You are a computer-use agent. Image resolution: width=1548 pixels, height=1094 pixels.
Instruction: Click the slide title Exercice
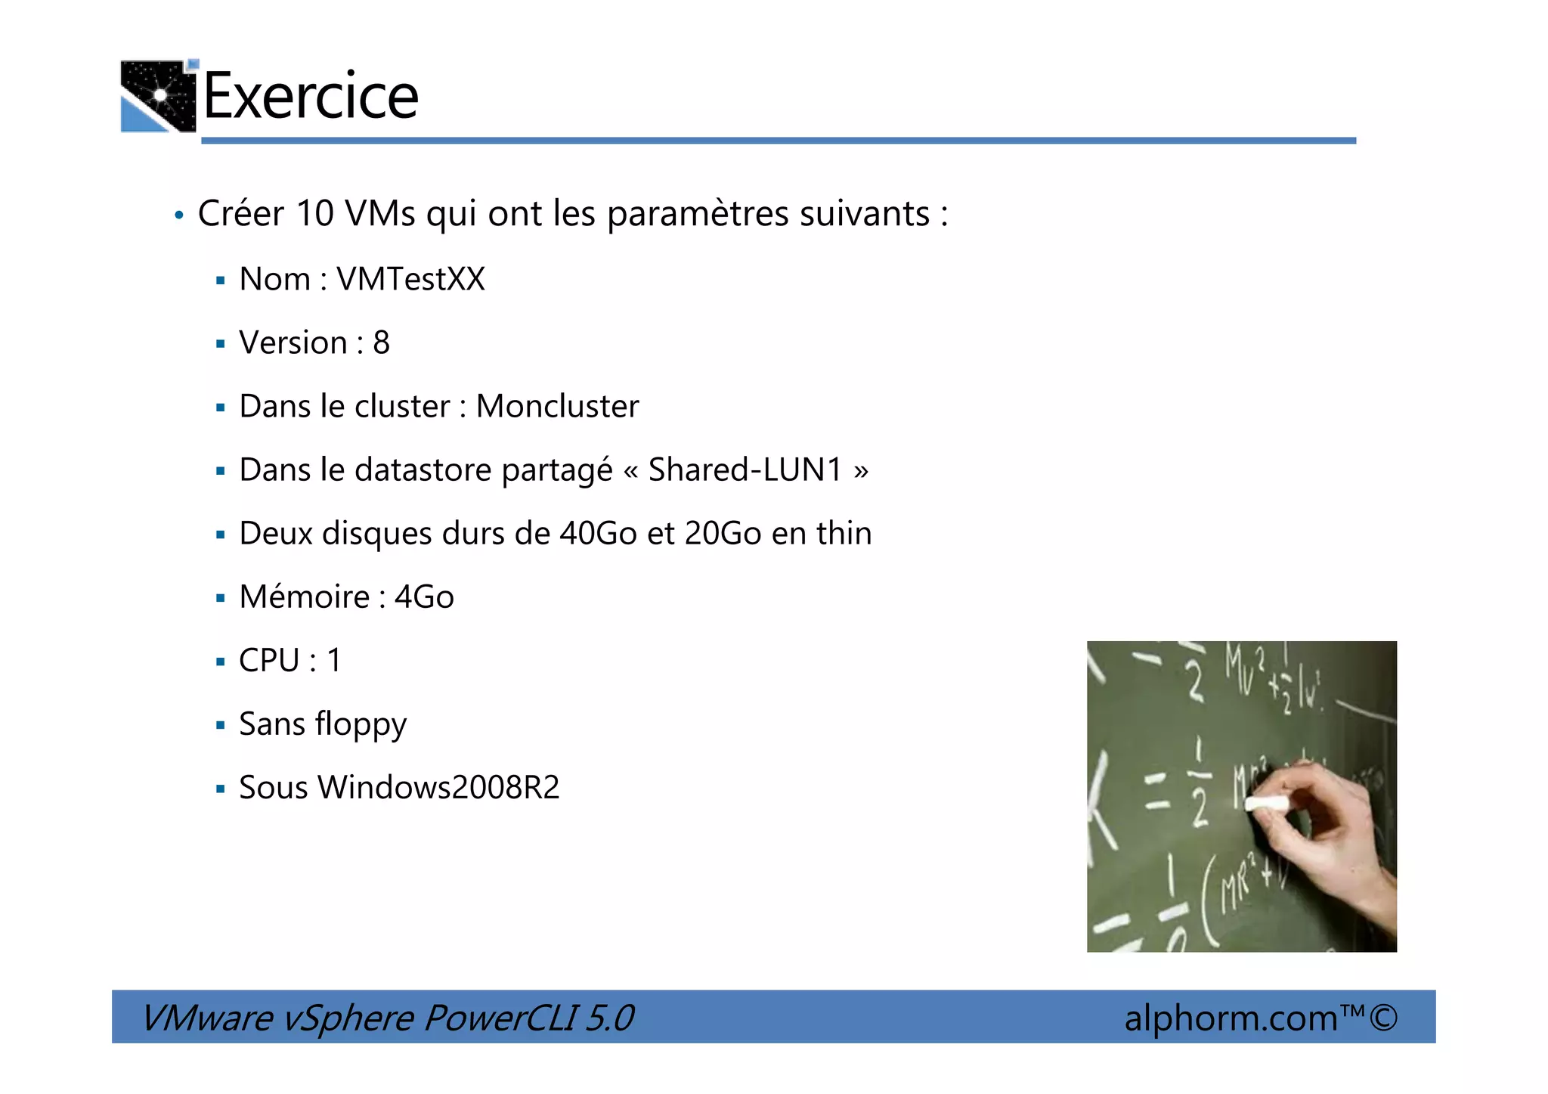pyautogui.click(x=311, y=96)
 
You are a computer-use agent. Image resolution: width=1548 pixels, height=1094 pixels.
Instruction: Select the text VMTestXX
pyautogui.click(x=410, y=280)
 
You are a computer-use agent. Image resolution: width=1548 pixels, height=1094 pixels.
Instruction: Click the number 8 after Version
pyautogui.click(x=382, y=343)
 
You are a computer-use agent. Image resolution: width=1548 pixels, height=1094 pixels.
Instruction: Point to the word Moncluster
pyautogui.click(x=557, y=407)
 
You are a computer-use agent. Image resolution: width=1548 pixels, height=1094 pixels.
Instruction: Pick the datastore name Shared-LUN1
pyautogui.click(x=745, y=470)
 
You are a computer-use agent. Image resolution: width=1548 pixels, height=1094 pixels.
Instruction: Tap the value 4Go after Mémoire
pyautogui.click(x=424, y=597)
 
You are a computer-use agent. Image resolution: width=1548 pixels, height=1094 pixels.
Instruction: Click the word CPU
pyautogui.click(x=269, y=661)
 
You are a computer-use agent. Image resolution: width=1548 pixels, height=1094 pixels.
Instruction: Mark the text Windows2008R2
pyautogui.click(x=438, y=788)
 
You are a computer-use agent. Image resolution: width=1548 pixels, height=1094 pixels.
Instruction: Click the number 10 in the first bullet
pyautogui.click(x=314, y=214)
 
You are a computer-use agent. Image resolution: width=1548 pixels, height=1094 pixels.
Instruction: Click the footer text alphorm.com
pyautogui.click(x=1231, y=1018)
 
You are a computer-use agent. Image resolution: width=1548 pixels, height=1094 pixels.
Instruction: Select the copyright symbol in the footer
pyautogui.click(x=1383, y=1018)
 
